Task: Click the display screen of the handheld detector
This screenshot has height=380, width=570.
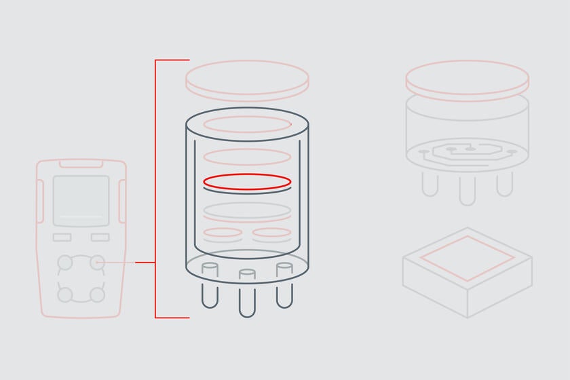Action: pos(81,200)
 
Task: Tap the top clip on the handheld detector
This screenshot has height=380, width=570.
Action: pos(81,164)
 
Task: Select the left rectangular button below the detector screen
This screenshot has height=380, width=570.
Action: pos(62,237)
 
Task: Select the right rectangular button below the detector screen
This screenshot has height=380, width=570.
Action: pos(100,237)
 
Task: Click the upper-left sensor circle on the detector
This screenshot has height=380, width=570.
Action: pos(65,262)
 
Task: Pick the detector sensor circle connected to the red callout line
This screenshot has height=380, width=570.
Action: pos(98,262)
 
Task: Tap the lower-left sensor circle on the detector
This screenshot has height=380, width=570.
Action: pos(65,294)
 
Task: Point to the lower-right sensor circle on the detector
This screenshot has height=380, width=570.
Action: pos(98,294)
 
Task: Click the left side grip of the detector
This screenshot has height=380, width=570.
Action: pos(39,201)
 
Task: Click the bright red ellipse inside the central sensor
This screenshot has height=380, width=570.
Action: pos(247,182)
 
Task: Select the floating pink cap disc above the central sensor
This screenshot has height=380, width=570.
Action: pos(247,79)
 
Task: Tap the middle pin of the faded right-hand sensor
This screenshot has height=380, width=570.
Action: pos(467,190)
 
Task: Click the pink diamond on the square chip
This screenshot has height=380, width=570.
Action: pos(467,259)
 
